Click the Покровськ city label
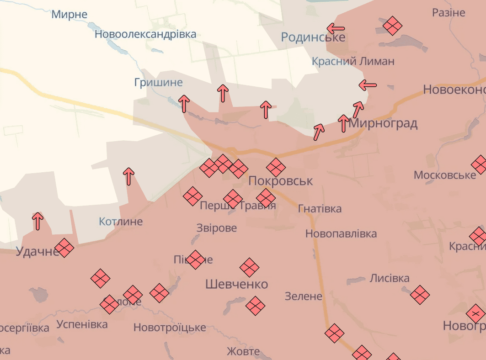[x=281, y=181]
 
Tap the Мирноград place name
[x=383, y=123]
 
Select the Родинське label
[x=313, y=37]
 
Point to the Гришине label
[x=158, y=83]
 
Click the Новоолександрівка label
[x=145, y=34]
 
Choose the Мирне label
[x=69, y=14]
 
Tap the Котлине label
[x=121, y=222]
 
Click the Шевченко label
[x=236, y=284]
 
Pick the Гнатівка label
[x=320, y=209]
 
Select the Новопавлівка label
[x=341, y=234]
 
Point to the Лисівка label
[x=390, y=278]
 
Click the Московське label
[x=445, y=175]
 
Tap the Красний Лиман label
[x=353, y=61]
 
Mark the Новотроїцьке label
[x=170, y=328]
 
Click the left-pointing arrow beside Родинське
[x=336, y=28]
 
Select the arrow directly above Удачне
[x=38, y=221]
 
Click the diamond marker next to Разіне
[x=392, y=26]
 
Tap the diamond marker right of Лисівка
[x=420, y=295]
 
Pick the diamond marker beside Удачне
[x=64, y=248]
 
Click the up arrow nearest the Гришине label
[x=184, y=104]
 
